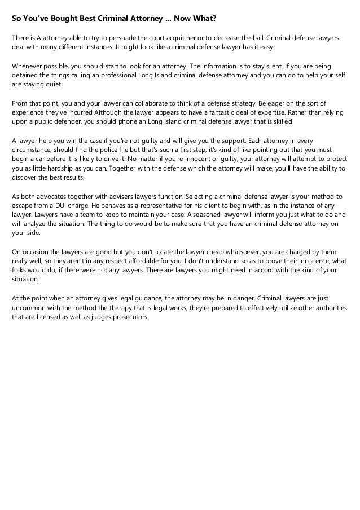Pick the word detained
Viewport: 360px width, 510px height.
click(26, 76)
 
